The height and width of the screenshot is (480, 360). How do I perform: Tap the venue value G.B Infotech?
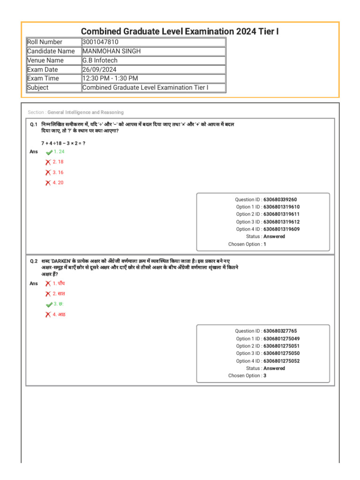point(100,60)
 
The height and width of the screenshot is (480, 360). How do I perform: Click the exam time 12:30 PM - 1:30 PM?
point(110,78)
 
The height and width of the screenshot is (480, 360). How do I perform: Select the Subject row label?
point(38,88)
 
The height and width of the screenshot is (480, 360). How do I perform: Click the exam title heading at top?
point(180,31)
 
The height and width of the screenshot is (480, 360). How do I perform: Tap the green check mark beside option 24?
point(49,152)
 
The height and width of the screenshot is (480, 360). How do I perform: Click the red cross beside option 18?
point(48,162)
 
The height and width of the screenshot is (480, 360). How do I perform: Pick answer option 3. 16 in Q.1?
point(58,172)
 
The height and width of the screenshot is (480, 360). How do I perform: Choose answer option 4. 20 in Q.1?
point(58,183)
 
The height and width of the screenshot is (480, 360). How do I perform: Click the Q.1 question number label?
point(34,125)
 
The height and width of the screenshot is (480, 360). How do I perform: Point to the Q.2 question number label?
point(34,261)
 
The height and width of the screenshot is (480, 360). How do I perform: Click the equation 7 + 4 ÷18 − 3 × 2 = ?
point(63,142)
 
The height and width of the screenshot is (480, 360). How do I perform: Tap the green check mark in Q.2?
point(49,305)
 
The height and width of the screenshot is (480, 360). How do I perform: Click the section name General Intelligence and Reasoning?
point(85,112)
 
